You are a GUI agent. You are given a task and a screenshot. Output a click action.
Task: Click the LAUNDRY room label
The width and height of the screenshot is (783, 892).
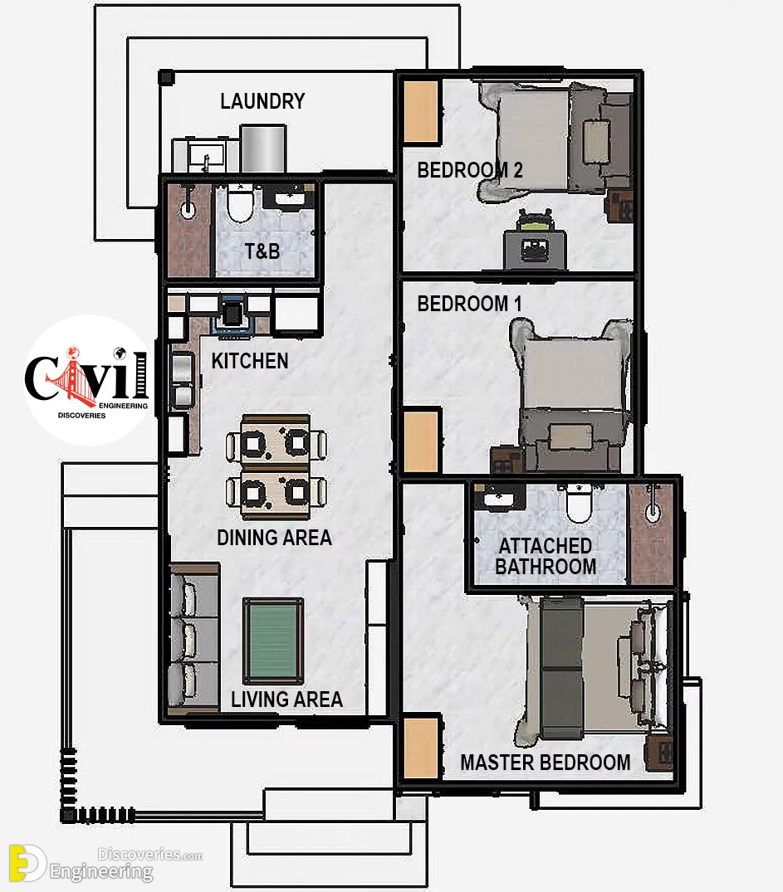tap(262, 101)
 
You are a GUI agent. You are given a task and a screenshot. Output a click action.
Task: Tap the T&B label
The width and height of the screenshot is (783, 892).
tap(262, 251)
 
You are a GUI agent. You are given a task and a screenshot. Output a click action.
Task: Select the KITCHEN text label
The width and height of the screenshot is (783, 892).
tap(250, 361)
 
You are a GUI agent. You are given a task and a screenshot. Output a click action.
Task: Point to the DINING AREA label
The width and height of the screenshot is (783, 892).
tap(275, 538)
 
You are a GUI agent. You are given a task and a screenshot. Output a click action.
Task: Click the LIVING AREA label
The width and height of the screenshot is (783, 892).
tap(286, 699)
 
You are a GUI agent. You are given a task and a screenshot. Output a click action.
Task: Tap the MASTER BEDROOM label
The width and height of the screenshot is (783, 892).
tap(546, 763)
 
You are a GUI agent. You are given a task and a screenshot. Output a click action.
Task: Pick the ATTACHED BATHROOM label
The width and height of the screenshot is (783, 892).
tap(546, 557)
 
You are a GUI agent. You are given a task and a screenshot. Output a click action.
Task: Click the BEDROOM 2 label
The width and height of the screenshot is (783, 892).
tap(470, 170)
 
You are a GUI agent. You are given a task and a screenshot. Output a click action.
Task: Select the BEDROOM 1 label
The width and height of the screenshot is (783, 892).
tap(469, 304)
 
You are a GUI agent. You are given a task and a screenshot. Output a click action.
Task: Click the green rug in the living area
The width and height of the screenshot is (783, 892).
tap(273, 641)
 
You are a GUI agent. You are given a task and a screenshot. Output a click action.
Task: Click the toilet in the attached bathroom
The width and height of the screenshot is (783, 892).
tap(579, 503)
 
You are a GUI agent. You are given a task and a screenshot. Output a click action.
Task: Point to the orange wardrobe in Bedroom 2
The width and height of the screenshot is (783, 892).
tap(421, 111)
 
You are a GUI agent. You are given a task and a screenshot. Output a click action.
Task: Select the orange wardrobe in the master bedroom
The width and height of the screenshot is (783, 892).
tap(421, 748)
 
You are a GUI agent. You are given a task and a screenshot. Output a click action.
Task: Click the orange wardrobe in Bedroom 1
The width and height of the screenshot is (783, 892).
tap(421, 442)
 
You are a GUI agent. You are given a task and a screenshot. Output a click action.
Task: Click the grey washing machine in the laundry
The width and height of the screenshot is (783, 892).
tap(262, 149)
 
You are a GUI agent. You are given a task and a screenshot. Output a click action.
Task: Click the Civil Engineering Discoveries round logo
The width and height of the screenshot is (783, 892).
tap(88, 380)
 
